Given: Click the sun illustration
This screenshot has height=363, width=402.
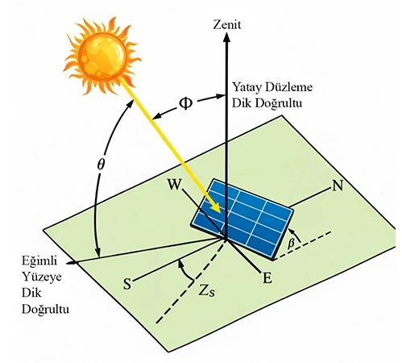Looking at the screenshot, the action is [102, 56].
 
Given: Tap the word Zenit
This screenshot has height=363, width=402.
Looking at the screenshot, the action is [227, 25].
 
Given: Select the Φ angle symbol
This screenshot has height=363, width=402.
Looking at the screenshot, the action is [186, 103].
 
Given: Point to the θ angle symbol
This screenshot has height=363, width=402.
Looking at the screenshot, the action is [101, 164].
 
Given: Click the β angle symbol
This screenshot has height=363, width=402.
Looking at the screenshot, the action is [291, 244].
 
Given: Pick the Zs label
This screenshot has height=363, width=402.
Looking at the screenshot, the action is [207, 290].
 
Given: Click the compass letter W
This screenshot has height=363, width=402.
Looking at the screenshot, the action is [174, 184].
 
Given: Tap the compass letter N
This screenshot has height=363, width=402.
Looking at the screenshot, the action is [338, 186].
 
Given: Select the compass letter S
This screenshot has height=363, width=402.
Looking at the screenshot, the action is [127, 284].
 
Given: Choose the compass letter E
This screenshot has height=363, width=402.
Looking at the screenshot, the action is [267, 278].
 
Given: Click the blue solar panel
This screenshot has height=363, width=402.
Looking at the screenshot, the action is [242, 219].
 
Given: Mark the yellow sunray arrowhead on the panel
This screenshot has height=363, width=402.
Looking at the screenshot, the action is [216, 207].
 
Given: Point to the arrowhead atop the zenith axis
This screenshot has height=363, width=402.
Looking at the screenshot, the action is [227, 37].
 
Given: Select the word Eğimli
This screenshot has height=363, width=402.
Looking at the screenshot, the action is [39, 261].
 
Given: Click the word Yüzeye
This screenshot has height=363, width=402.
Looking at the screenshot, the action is [42, 277].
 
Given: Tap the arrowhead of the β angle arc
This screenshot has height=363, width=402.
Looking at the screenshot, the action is [292, 231].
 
